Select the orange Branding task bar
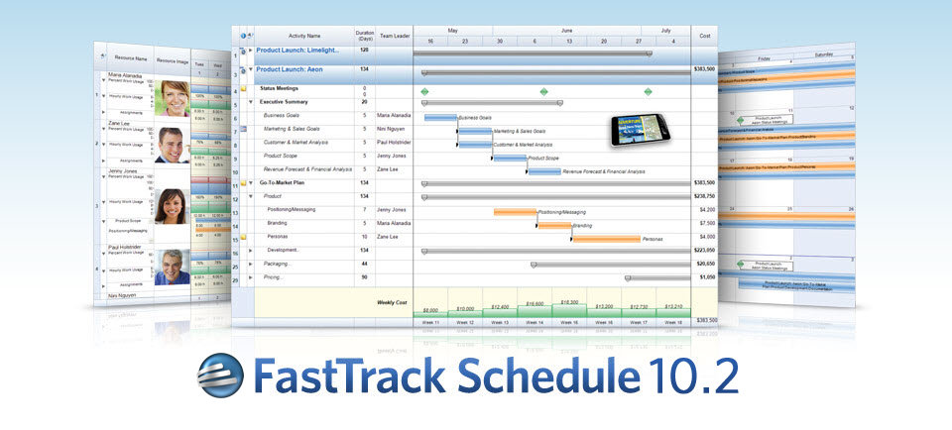coord(554,225)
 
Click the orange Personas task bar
coord(605,239)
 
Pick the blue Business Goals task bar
coord(440,117)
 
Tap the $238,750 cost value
coord(703,197)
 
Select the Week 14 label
coord(534,322)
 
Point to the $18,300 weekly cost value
coord(568,302)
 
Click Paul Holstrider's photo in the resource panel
coord(173,267)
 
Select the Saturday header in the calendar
coord(823,54)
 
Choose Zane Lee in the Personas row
coord(388,238)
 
